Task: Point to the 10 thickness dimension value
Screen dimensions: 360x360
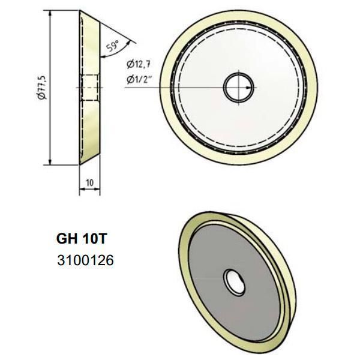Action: (x=88, y=181)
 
